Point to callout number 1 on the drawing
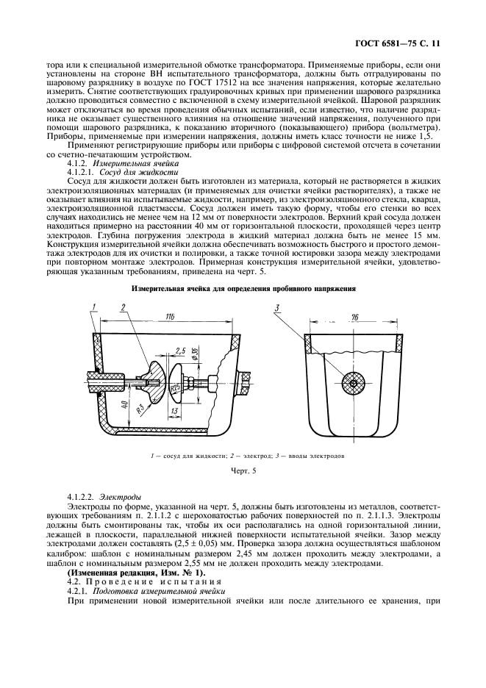94,306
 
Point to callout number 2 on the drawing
125,306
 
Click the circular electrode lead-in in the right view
354,383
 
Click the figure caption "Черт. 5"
243,475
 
